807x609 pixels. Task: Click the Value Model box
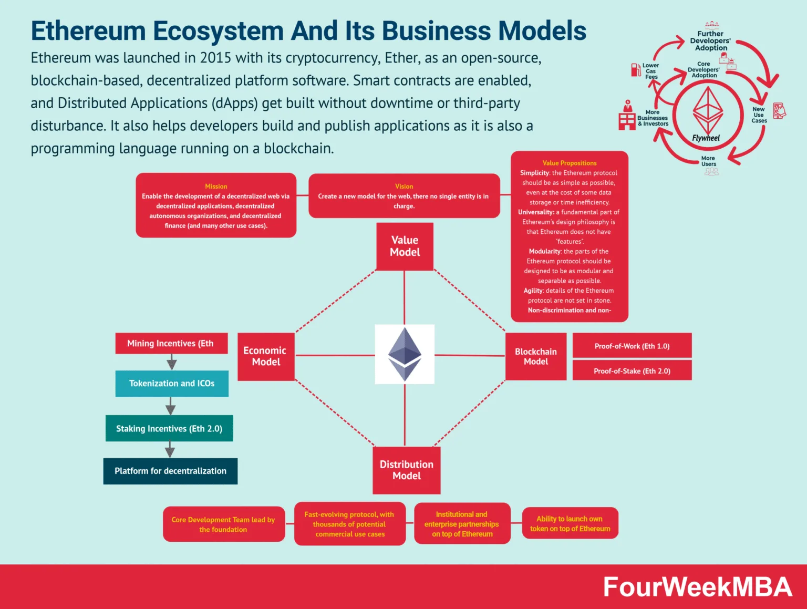click(405, 246)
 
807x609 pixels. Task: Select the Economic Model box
click(266, 356)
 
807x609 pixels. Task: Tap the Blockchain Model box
click(535, 356)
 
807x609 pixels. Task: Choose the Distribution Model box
click(406, 470)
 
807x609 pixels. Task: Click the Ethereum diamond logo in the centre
click(405, 354)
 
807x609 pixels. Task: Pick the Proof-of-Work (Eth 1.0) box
click(632, 346)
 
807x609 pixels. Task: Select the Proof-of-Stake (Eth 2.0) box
click(632, 371)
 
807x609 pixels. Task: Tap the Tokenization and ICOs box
click(172, 384)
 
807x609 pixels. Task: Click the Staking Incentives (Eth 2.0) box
click(169, 429)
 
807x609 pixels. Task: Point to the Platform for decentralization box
click(170, 471)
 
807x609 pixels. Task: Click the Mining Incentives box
click(171, 344)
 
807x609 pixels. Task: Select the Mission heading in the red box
click(216, 187)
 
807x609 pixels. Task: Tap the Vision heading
click(404, 187)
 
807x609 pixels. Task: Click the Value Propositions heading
click(570, 163)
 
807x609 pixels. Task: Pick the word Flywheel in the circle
click(706, 138)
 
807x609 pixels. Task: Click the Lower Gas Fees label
click(651, 71)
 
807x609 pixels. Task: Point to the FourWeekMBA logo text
click(697, 587)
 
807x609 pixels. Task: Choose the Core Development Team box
click(223, 524)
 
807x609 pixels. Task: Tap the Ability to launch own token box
click(570, 523)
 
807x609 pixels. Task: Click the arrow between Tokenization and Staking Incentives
click(170, 406)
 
